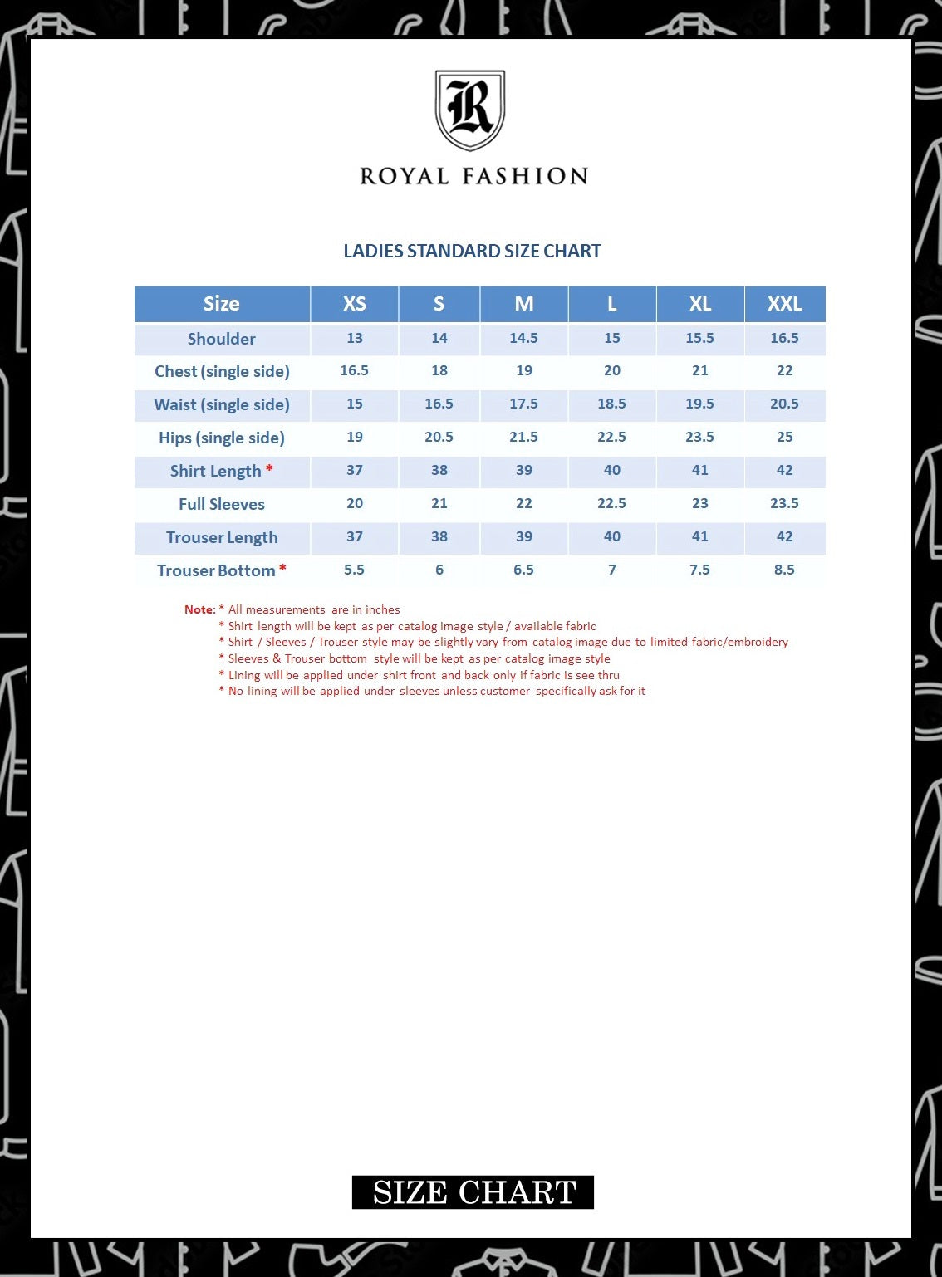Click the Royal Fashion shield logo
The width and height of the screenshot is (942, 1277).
pos(470,110)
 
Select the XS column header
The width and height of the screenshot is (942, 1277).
pos(355,304)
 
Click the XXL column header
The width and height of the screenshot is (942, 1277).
pos(784,304)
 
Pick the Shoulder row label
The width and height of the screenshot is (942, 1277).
pos(221,339)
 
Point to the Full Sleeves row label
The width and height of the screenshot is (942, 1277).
pos(221,504)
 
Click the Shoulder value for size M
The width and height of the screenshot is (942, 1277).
pos(523,338)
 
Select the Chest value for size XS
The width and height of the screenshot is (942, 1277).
pos(354,370)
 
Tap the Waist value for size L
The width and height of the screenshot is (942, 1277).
pos(611,404)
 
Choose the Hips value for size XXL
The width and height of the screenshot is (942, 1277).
pos(784,437)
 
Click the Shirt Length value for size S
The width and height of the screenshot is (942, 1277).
pos(439,470)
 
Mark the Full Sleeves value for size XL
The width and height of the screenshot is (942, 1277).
pos(700,503)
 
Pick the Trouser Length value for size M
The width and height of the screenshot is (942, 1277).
pos(523,536)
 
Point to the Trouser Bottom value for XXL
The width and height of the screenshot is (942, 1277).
pos(784,570)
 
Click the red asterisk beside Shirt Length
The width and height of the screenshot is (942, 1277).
pos(269,470)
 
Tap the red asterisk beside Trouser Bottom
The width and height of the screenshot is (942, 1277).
pos(282,569)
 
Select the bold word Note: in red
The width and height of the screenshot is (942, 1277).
pos(199,609)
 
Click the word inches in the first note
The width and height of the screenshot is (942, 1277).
pos(383,609)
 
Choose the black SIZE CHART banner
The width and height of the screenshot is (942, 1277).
pos(473,1192)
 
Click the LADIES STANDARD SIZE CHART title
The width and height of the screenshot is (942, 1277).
pos(472,251)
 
